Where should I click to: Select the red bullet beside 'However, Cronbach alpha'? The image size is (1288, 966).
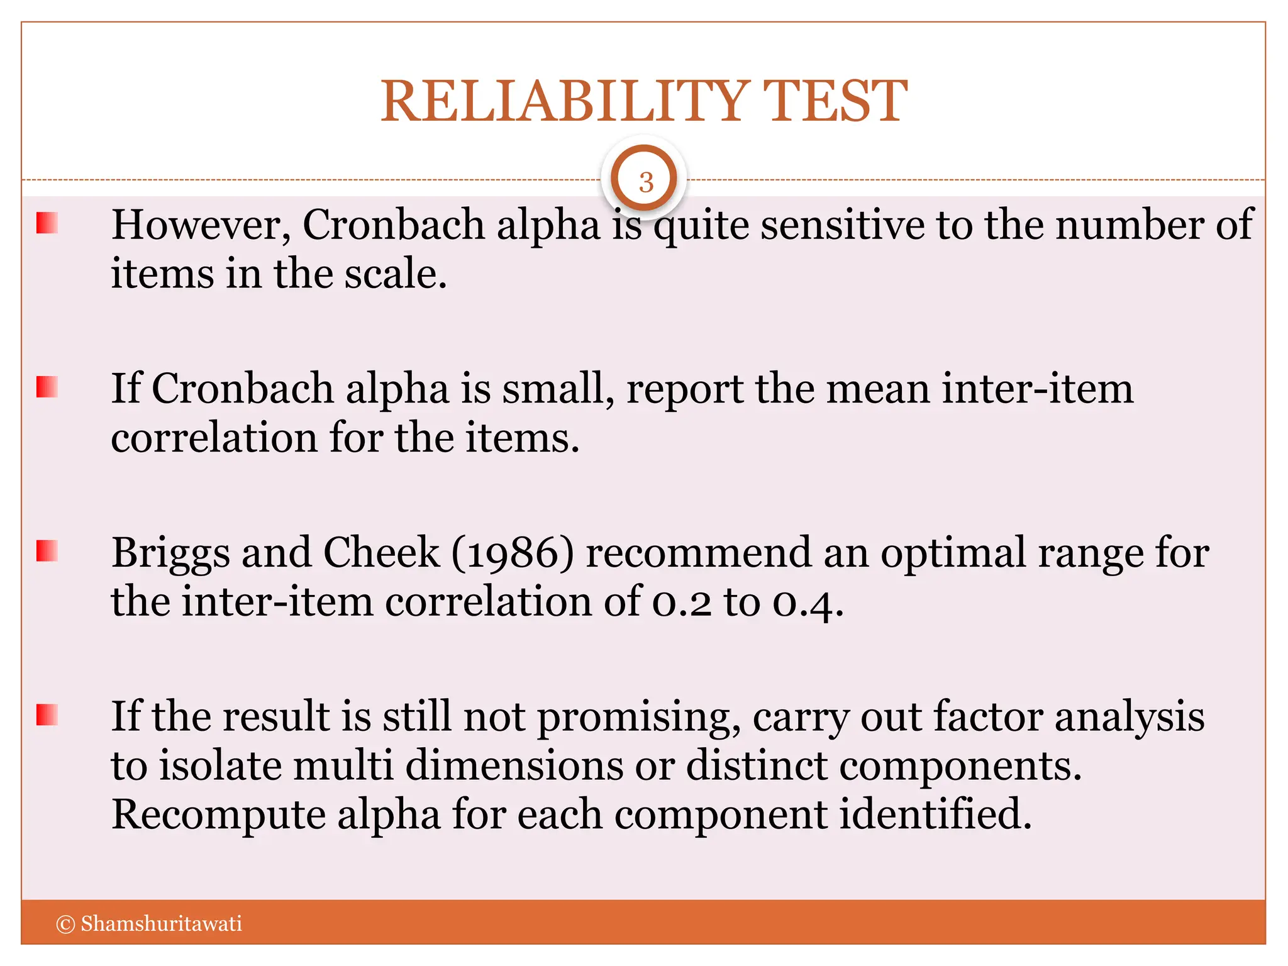pos(47,223)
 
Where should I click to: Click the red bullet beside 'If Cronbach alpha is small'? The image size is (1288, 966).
pos(47,387)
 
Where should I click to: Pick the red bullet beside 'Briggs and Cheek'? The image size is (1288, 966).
pos(47,550)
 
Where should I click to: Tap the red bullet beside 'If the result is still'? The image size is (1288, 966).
pos(47,714)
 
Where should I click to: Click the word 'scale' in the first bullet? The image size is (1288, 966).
pos(389,275)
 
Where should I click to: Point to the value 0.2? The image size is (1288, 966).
pos(682,603)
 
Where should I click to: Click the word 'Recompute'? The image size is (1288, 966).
pos(218,815)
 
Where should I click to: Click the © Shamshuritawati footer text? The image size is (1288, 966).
pos(150,923)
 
